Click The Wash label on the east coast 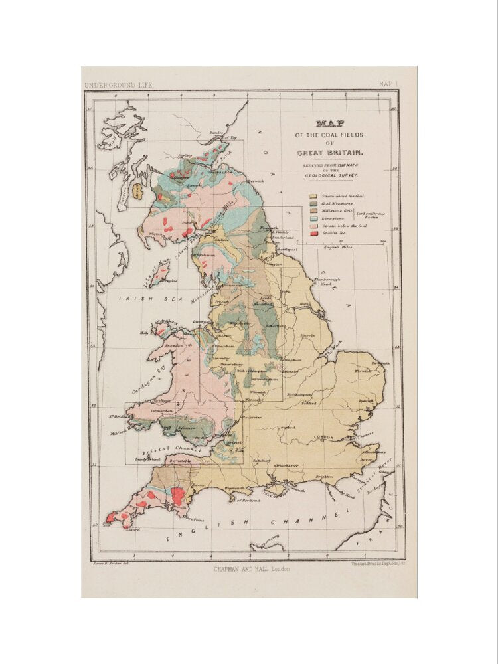pyautogui.click(x=333, y=346)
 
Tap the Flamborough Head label pyautogui.click(x=327, y=282)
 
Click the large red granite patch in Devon pyautogui.click(x=177, y=495)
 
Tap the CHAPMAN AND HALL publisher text pyautogui.click(x=251, y=569)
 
